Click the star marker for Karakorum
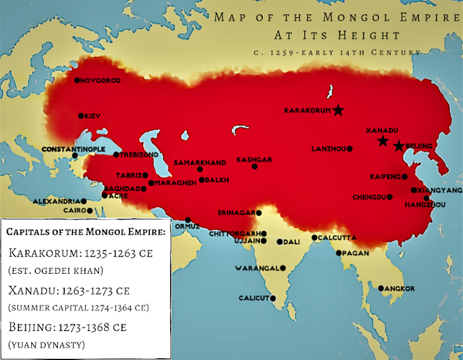point(339,110)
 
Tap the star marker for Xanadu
point(382,141)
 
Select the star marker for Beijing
point(398,146)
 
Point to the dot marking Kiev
point(80,116)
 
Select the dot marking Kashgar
point(254,166)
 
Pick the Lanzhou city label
point(329,148)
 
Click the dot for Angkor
point(380,288)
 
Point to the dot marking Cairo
point(90,211)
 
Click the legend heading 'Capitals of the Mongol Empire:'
point(86,232)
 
